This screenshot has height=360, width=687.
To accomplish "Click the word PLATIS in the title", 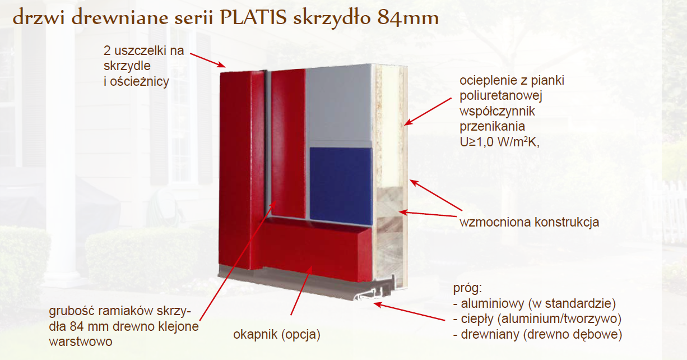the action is [x=253, y=17].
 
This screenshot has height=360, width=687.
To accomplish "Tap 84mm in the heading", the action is [x=407, y=18].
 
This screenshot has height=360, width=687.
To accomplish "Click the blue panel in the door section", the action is [x=341, y=186].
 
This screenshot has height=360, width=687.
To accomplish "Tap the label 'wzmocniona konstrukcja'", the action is [x=529, y=222].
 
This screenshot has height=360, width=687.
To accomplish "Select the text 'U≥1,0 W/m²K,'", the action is [x=499, y=142].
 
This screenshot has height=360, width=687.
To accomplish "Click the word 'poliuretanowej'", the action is [x=501, y=96].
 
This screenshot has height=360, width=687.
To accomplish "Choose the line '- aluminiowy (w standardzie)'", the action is [x=535, y=303].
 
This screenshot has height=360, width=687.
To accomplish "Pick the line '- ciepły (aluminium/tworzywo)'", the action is [x=537, y=319].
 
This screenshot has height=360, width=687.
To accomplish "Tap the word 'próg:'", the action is [x=468, y=288].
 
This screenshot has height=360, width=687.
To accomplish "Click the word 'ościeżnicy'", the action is [x=140, y=82].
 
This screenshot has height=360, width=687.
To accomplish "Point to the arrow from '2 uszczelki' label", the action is [x=208, y=60].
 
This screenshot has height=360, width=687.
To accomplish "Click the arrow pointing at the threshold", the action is [x=409, y=312].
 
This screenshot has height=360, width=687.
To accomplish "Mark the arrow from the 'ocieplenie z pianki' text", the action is [x=428, y=112].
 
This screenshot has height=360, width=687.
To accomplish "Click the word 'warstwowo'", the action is [x=81, y=341].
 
